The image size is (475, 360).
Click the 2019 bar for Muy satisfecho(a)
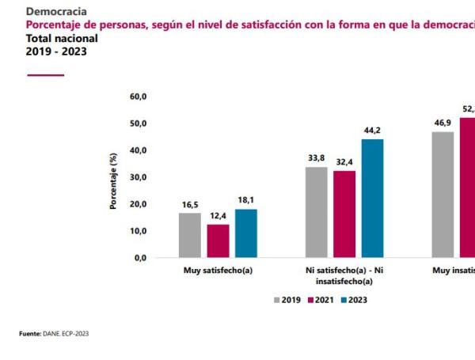click(x=189, y=235)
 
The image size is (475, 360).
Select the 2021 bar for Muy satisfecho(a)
click(x=218, y=241)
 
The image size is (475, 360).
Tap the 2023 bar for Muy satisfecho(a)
click(x=245, y=233)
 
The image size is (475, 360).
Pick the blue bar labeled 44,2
click(x=372, y=198)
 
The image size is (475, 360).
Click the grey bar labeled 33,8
click(x=316, y=212)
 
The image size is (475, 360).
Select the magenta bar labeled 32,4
click(x=344, y=214)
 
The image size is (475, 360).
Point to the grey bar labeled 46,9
click(x=443, y=194)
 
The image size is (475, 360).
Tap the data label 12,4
click(x=218, y=216)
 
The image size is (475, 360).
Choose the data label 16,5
click(x=189, y=205)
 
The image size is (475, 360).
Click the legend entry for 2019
click(x=285, y=300)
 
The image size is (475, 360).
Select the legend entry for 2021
click(x=321, y=300)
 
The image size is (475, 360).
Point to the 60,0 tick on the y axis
click(x=138, y=97)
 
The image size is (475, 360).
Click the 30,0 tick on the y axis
click(x=138, y=177)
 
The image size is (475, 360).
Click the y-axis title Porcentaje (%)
click(x=113, y=177)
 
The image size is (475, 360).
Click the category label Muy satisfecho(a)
click(x=218, y=271)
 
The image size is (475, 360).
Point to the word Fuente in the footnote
click(x=29, y=334)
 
